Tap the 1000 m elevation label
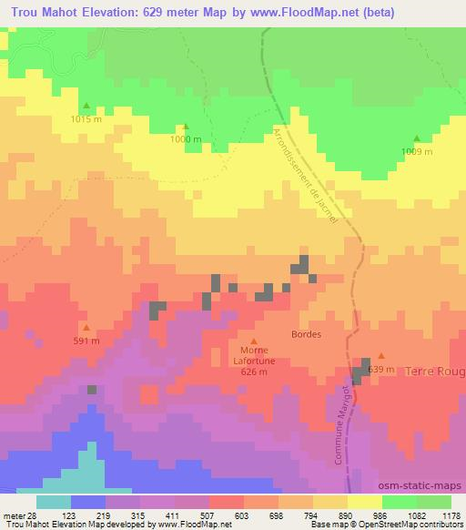pos(186,139)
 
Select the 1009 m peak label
pos(417,151)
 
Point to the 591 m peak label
pos(86,341)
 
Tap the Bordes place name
pos(306,334)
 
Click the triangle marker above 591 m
pos(86,328)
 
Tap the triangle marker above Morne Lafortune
pos(254,341)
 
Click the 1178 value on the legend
pos(451,515)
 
